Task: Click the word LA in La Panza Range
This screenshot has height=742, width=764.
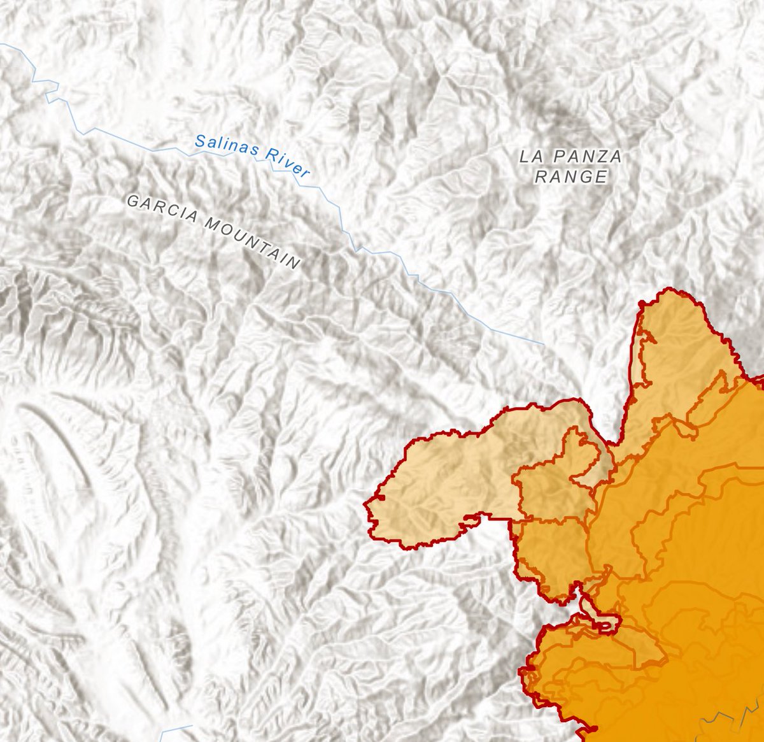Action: point(531,156)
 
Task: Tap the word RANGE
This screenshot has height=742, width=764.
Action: point(571,177)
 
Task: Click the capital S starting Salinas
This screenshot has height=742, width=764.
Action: point(200,140)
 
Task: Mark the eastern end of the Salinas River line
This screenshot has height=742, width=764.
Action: point(544,344)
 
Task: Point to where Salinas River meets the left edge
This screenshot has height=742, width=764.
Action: point(2,45)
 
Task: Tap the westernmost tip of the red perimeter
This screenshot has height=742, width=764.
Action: point(365,504)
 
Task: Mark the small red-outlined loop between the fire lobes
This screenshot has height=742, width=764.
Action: point(605,621)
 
